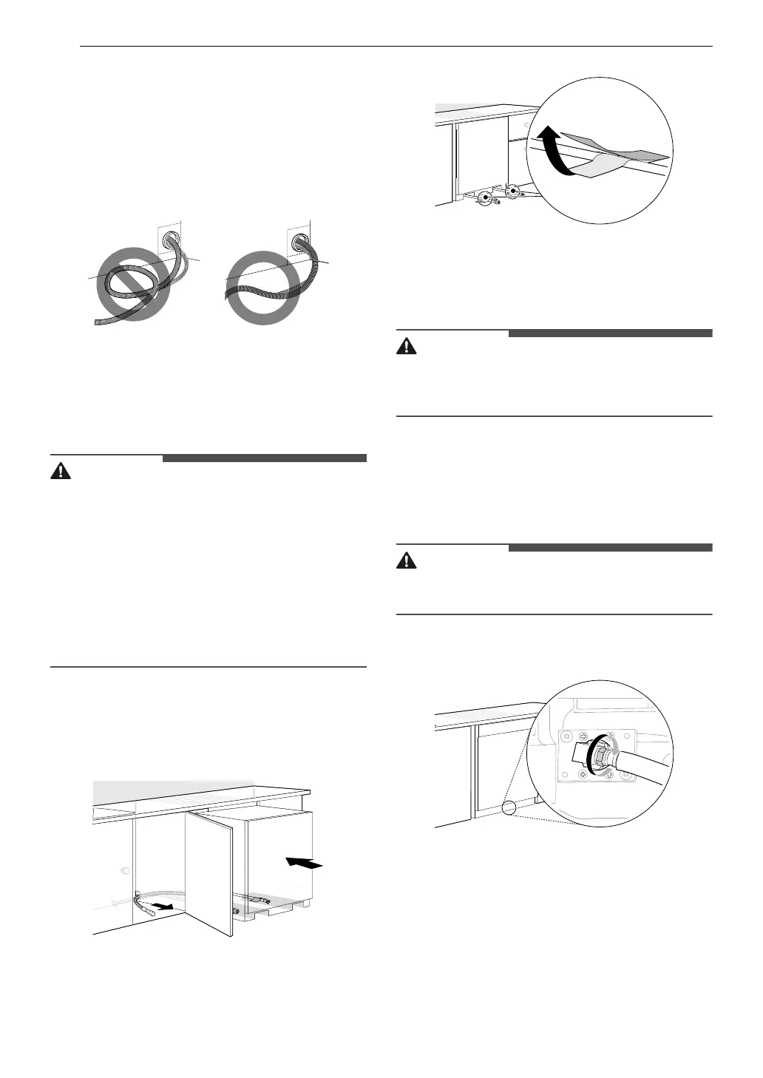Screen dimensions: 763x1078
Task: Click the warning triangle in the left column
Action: pos(61,472)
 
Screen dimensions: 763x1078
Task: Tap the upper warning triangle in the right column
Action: pos(407,347)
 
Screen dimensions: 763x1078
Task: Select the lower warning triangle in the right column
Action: pos(407,561)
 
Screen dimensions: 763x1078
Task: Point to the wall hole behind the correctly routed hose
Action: pos(301,241)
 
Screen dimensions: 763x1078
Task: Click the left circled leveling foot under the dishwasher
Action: pos(485,197)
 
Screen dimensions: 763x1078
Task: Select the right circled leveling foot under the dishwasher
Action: pos(512,191)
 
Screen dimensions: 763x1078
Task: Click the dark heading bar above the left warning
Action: pos(264,458)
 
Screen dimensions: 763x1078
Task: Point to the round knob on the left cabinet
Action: pos(123,870)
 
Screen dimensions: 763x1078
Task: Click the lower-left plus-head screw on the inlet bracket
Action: pos(583,773)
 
